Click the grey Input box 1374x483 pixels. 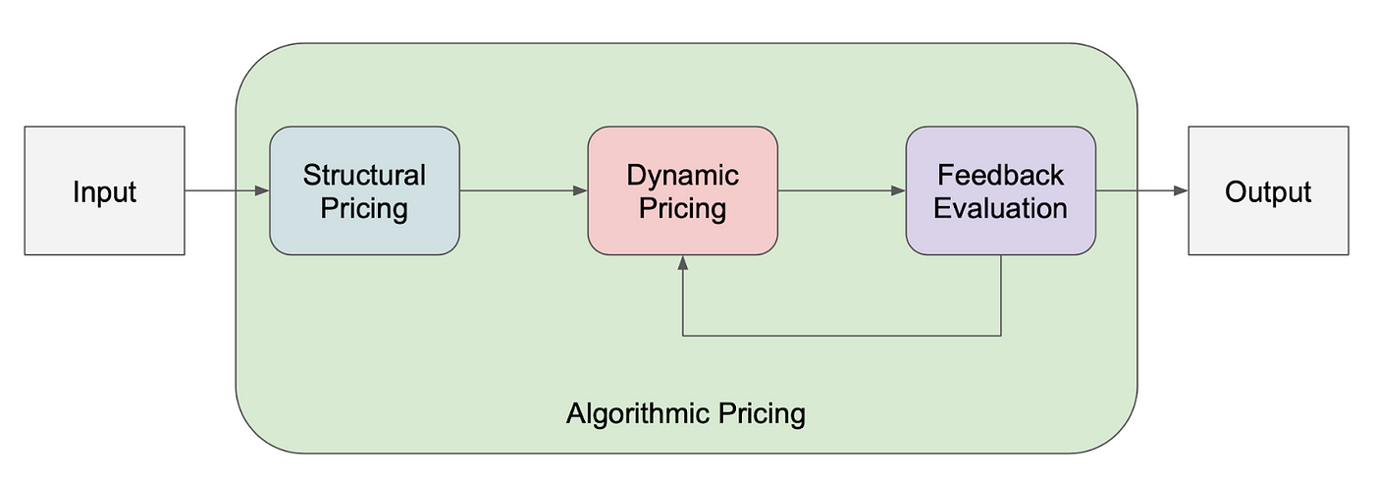coord(104,190)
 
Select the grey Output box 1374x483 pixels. coord(1268,190)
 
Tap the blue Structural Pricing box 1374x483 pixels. coord(364,190)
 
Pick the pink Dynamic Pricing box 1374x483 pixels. coord(682,190)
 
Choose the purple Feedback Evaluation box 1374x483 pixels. coord(1000,190)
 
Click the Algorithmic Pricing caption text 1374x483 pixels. coord(685,413)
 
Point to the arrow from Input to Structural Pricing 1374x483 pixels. coord(226,190)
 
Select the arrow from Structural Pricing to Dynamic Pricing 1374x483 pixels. coord(522,190)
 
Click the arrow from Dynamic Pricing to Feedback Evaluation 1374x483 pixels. coord(840,190)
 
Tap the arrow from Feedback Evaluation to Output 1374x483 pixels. coord(1140,190)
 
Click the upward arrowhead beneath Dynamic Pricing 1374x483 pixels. coord(682,263)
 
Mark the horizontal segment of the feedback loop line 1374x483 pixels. coord(841,336)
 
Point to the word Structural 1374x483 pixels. coord(364,176)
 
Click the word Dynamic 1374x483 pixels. coord(682,176)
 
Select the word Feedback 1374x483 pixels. coord(1000,176)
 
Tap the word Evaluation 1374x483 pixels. coord(1000,208)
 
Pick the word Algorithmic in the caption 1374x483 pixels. coord(630,413)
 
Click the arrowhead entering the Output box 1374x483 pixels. coord(1182,190)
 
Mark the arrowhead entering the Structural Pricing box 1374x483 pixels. coord(263,190)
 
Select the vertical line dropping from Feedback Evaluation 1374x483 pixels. coord(1000,295)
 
